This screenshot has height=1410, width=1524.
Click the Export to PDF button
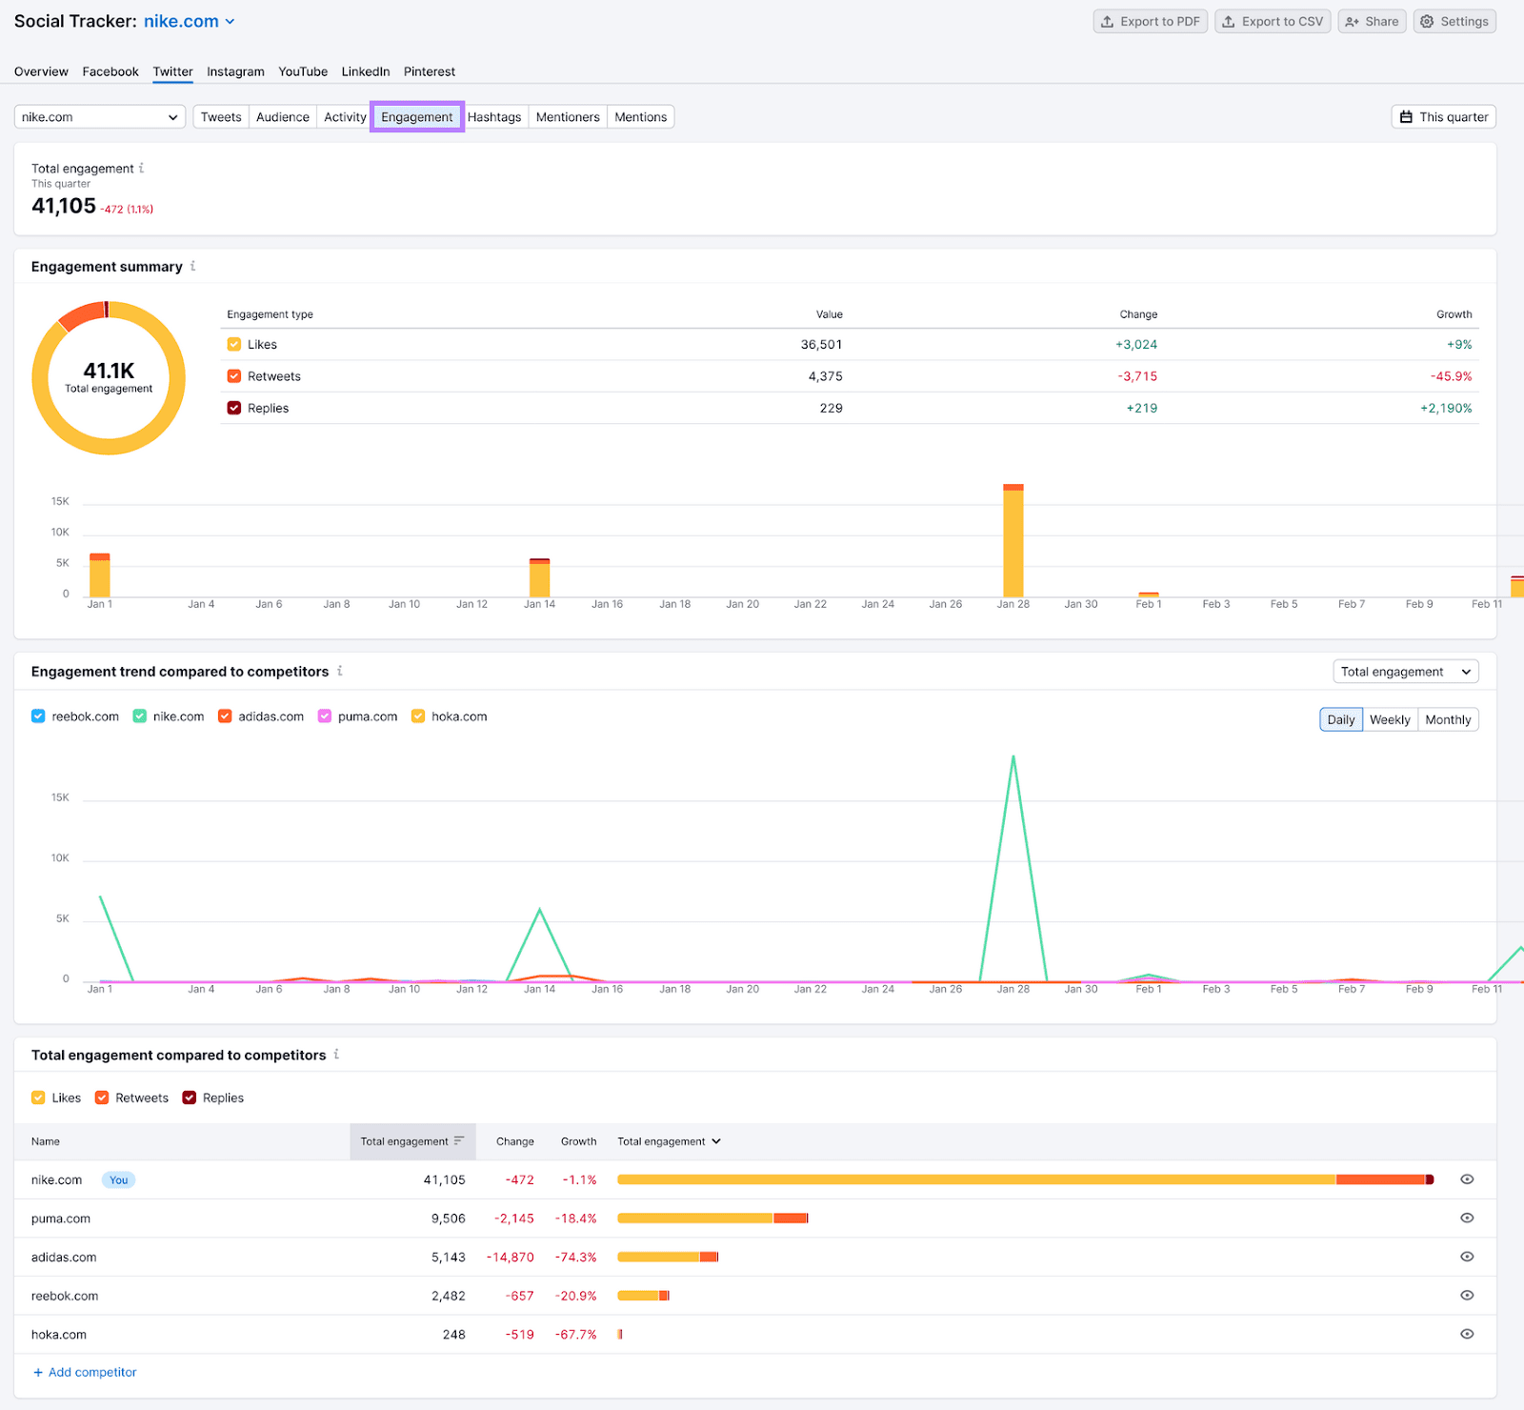coord(1150,22)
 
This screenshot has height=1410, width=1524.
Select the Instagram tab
coord(235,71)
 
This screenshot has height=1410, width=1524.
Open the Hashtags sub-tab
coord(494,117)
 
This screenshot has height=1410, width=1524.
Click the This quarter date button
coord(1443,117)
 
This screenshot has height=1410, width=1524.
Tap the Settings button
coord(1454,22)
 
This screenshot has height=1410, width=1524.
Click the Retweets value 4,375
coord(825,376)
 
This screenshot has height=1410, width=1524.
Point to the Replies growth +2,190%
coord(1445,408)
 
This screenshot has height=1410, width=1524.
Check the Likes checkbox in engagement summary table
coord(234,345)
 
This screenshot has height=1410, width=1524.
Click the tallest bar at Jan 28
coord(1013,541)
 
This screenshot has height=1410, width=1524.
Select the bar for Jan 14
coord(539,578)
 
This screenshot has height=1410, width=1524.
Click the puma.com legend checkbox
coord(325,716)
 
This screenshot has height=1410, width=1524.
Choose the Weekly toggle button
coord(1390,720)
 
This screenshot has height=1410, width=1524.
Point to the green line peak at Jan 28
coord(1013,757)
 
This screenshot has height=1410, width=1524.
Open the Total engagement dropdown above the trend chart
coord(1405,672)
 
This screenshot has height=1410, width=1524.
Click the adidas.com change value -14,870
coord(511,1258)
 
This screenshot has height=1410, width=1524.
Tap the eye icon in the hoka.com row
coord(1467,1335)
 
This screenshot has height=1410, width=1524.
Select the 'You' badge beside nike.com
coord(118,1180)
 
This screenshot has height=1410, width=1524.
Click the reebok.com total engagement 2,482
coord(448,1297)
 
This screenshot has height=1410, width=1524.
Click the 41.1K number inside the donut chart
coord(109,371)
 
